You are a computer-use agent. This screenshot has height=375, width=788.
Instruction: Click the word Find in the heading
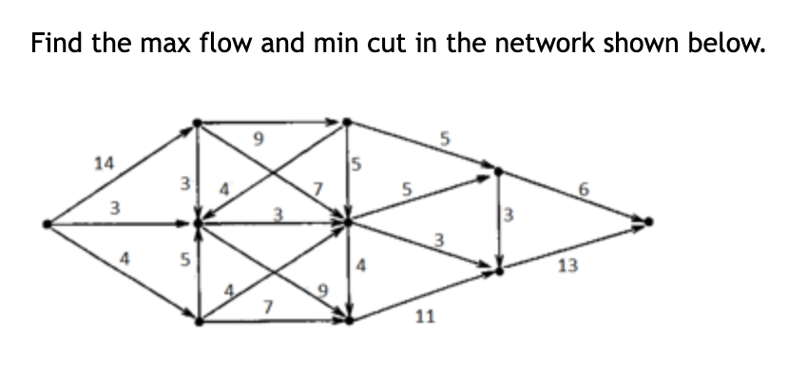pos(55,45)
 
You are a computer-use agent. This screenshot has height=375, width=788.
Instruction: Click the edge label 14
pos(103,163)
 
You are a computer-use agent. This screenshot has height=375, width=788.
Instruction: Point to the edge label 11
pos(425,316)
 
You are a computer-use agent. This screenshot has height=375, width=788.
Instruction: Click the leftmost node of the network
pos(48,224)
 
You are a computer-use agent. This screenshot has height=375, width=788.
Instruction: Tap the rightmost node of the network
pos(649,223)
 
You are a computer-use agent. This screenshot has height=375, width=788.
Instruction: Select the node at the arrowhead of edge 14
pos(197,122)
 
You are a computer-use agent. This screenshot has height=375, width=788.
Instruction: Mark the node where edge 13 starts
pos(500,272)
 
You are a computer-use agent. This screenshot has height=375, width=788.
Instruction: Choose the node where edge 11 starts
pos(348,321)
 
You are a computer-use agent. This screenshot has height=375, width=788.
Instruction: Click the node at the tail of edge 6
pos(500,173)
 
